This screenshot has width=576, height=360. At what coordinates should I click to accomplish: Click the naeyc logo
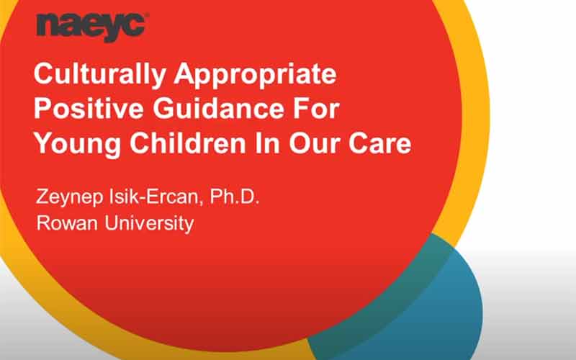(x=91, y=27)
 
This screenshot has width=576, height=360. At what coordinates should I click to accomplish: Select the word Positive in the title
(x=89, y=108)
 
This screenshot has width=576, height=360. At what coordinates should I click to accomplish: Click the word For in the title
(x=317, y=108)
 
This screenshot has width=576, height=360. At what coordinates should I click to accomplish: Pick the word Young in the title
(x=77, y=144)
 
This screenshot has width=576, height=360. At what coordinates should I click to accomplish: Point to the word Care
(x=380, y=143)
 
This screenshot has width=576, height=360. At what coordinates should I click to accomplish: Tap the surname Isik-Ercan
(x=154, y=197)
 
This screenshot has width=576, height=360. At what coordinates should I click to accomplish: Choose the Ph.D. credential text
(x=235, y=197)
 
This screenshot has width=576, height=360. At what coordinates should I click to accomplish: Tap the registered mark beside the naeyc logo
(x=147, y=15)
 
